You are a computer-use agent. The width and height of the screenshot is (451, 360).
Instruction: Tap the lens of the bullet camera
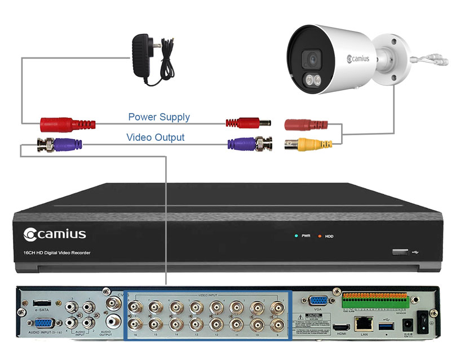click(309, 59)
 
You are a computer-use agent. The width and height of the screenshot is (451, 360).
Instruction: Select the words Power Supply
click(159, 117)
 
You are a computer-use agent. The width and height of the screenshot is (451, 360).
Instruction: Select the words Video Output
click(155, 137)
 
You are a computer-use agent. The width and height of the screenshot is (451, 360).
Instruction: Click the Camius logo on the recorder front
click(55, 233)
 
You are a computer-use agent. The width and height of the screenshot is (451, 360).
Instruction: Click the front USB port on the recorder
click(399, 252)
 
